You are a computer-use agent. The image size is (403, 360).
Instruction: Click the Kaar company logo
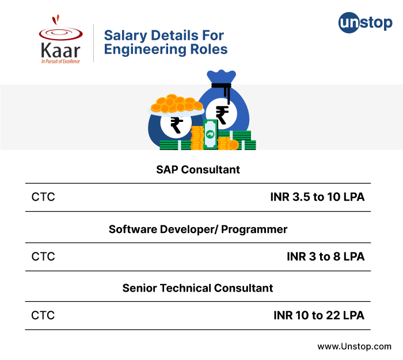click(x=60, y=39)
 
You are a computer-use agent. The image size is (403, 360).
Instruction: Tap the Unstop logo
click(x=365, y=22)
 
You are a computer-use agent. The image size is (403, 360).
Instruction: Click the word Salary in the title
click(x=126, y=36)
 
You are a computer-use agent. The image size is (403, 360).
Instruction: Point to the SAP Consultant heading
click(x=198, y=170)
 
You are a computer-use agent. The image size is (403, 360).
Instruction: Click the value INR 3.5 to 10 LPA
click(x=317, y=197)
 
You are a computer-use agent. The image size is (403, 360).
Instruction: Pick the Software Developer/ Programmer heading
click(x=198, y=229)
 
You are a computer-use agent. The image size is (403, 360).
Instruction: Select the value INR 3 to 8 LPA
click(x=326, y=256)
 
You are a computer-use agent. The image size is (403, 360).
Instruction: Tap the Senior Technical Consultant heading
click(x=197, y=288)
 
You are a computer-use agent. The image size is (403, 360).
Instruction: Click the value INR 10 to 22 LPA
click(x=319, y=315)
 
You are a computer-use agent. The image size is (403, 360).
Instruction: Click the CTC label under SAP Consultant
click(x=43, y=197)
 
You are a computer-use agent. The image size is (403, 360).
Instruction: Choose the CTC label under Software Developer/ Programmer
click(x=43, y=256)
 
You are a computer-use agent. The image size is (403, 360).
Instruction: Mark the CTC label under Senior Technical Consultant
click(x=43, y=315)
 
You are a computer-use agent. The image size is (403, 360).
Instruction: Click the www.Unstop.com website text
click(x=355, y=346)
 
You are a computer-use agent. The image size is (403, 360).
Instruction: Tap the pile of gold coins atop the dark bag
click(x=177, y=104)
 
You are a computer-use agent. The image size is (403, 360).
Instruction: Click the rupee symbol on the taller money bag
click(x=222, y=115)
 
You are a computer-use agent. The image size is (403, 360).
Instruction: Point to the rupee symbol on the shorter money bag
click(x=177, y=125)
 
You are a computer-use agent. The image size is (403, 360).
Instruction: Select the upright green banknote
click(x=210, y=135)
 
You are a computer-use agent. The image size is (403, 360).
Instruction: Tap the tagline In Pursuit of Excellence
click(x=60, y=62)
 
